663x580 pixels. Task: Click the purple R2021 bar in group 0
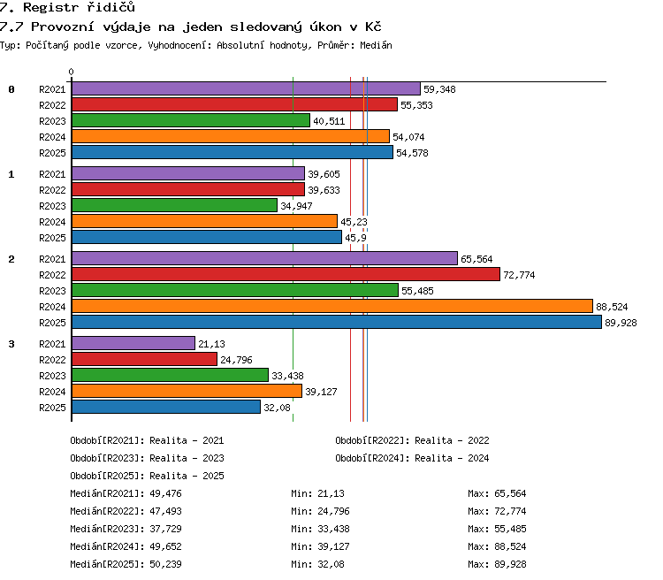click(x=246, y=88)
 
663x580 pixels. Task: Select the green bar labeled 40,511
click(x=191, y=120)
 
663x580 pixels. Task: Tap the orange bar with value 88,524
click(x=332, y=306)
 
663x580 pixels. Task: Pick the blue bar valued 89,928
click(x=337, y=323)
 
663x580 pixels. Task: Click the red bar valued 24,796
click(x=145, y=359)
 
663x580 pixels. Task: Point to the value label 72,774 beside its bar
click(x=519, y=275)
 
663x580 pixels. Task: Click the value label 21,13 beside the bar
click(x=211, y=344)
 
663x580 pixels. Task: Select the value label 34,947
click(x=296, y=206)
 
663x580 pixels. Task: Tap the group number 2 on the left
click(x=11, y=259)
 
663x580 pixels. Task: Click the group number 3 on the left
click(x=11, y=344)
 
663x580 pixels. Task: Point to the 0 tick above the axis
click(x=71, y=72)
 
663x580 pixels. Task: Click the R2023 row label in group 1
click(x=52, y=206)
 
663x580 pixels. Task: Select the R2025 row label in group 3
click(x=52, y=408)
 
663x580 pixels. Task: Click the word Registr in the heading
click(x=51, y=7)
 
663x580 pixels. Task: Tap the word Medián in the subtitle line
click(x=376, y=45)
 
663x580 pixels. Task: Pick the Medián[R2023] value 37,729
click(x=166, y=529)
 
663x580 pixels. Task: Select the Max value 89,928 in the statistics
click(x=510, y=564)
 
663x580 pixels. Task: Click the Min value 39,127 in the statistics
click(x=333, y=546)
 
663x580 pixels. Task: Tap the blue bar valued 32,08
click(x=166, y=407)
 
